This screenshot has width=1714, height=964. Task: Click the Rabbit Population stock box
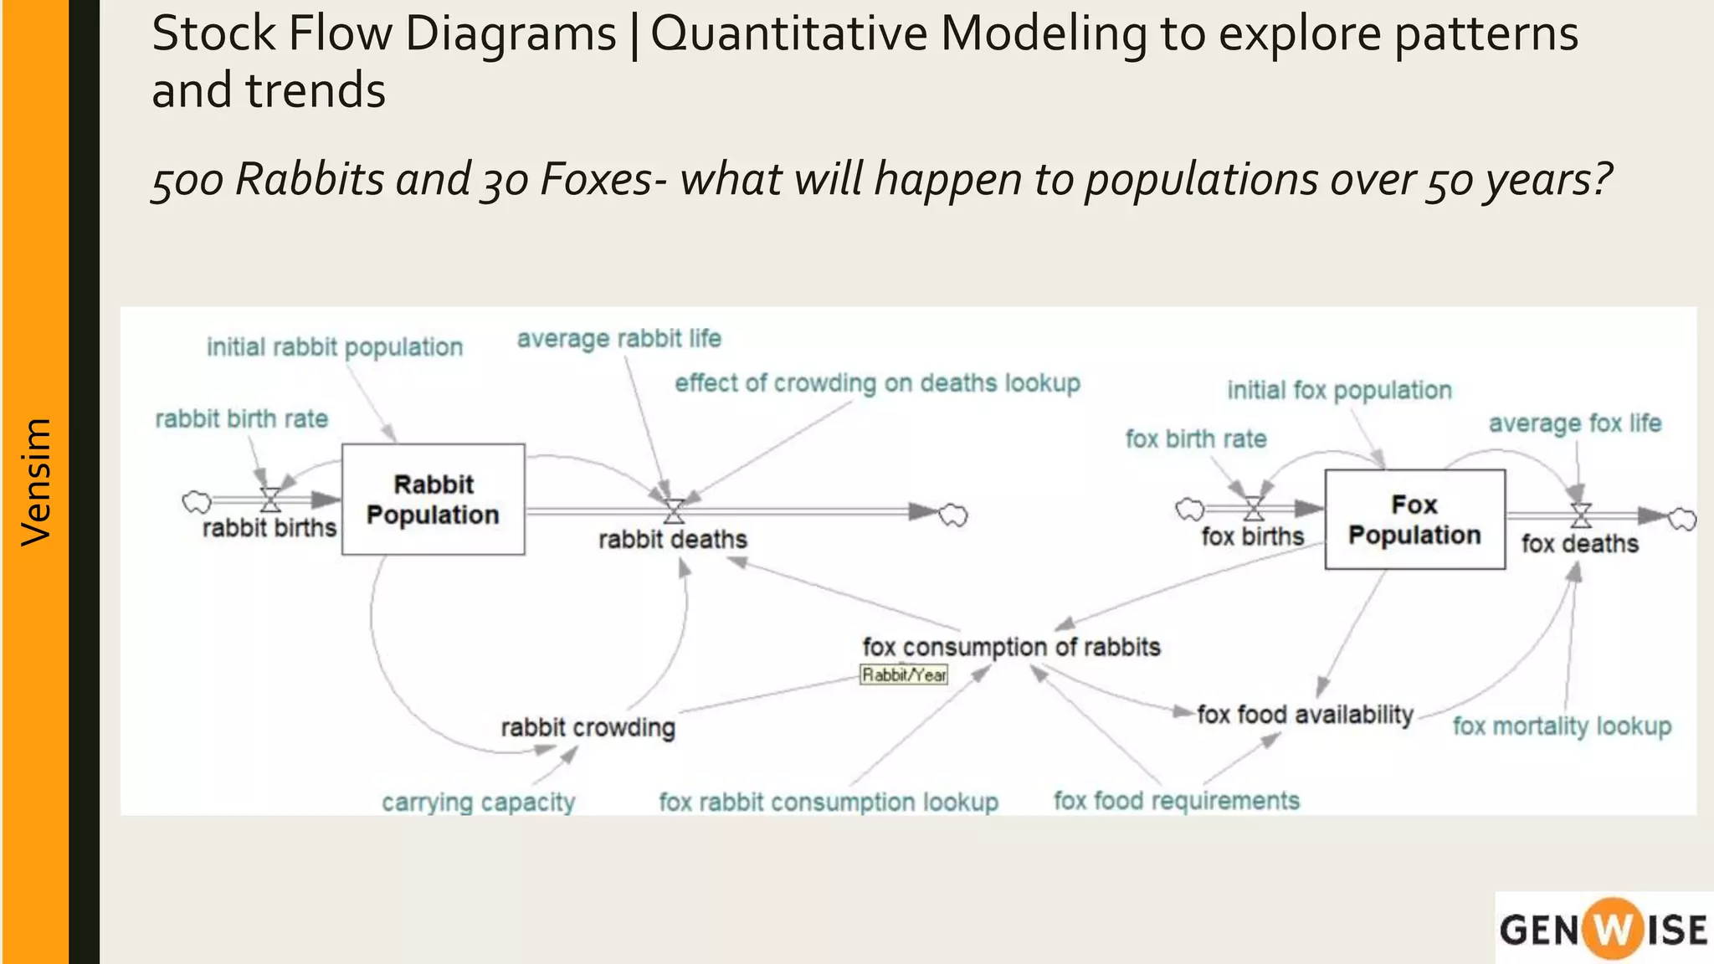coord(433,500)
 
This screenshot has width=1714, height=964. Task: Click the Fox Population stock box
coord(1414,520)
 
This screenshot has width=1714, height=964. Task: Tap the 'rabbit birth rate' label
coord(241,418)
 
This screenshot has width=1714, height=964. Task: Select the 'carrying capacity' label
coord(478,802)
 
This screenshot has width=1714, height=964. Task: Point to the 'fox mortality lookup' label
coord(1562,726)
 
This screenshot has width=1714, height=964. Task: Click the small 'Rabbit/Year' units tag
coord(904,674)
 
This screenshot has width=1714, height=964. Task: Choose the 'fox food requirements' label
coord(1176,801)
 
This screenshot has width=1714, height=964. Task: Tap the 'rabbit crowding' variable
coord(588,727)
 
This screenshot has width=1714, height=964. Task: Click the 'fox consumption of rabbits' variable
coord(1011,647)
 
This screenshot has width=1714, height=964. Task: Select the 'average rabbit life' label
coord(618,338)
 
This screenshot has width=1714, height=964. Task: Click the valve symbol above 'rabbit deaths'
coord(674,510)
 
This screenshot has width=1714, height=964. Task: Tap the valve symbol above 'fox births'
coord(1253,508)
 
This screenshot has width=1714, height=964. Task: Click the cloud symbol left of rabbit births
coord(197,501)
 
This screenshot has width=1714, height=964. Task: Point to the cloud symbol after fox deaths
coord(1682,519)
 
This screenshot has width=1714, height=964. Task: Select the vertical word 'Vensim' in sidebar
coord(36,482)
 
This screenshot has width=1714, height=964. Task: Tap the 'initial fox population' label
coord(1339,390)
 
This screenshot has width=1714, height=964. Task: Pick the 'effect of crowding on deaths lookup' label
coord(877,382)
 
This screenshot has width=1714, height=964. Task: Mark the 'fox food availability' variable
coord(1305,714)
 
